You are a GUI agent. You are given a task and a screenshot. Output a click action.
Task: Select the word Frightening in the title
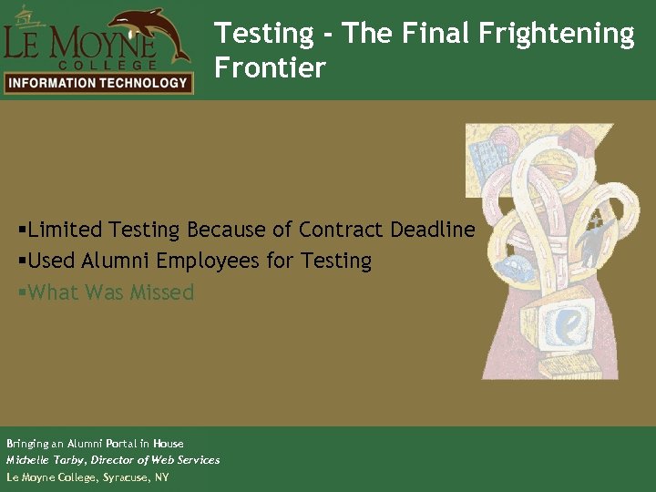click(565, 34)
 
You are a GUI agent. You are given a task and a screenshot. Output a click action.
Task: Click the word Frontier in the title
click(270, 67)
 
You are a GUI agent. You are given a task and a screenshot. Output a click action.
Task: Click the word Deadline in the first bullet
click(433, 230)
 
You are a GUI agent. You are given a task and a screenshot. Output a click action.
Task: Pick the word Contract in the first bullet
click(340, 230)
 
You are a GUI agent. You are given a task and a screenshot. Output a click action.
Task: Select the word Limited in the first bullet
click(65, 230)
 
